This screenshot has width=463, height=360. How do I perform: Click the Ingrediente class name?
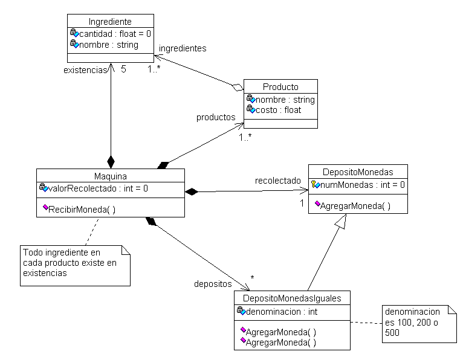(x=109, y=22)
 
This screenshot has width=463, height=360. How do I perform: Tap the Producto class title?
(x=280, y=86)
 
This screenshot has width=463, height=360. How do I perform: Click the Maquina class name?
(x=110, y=176)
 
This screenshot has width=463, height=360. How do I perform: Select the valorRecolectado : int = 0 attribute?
(x=97, y=188)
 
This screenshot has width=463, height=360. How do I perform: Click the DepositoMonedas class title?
(x=358, y=172)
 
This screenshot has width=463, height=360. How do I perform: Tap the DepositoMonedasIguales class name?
(x=292, y=298)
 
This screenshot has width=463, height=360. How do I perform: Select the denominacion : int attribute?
(x=282, y=312)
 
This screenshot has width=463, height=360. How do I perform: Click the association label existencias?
(x=85, y=69)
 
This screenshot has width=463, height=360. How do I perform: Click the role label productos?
(x=216, y=117)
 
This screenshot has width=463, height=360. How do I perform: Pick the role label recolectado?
(x=277, y=180)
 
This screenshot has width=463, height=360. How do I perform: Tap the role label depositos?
(x=213, y=283)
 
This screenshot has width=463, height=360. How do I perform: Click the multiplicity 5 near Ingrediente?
(x=123, y=69)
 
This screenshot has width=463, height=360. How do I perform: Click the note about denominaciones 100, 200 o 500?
(x=419, y=324)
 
